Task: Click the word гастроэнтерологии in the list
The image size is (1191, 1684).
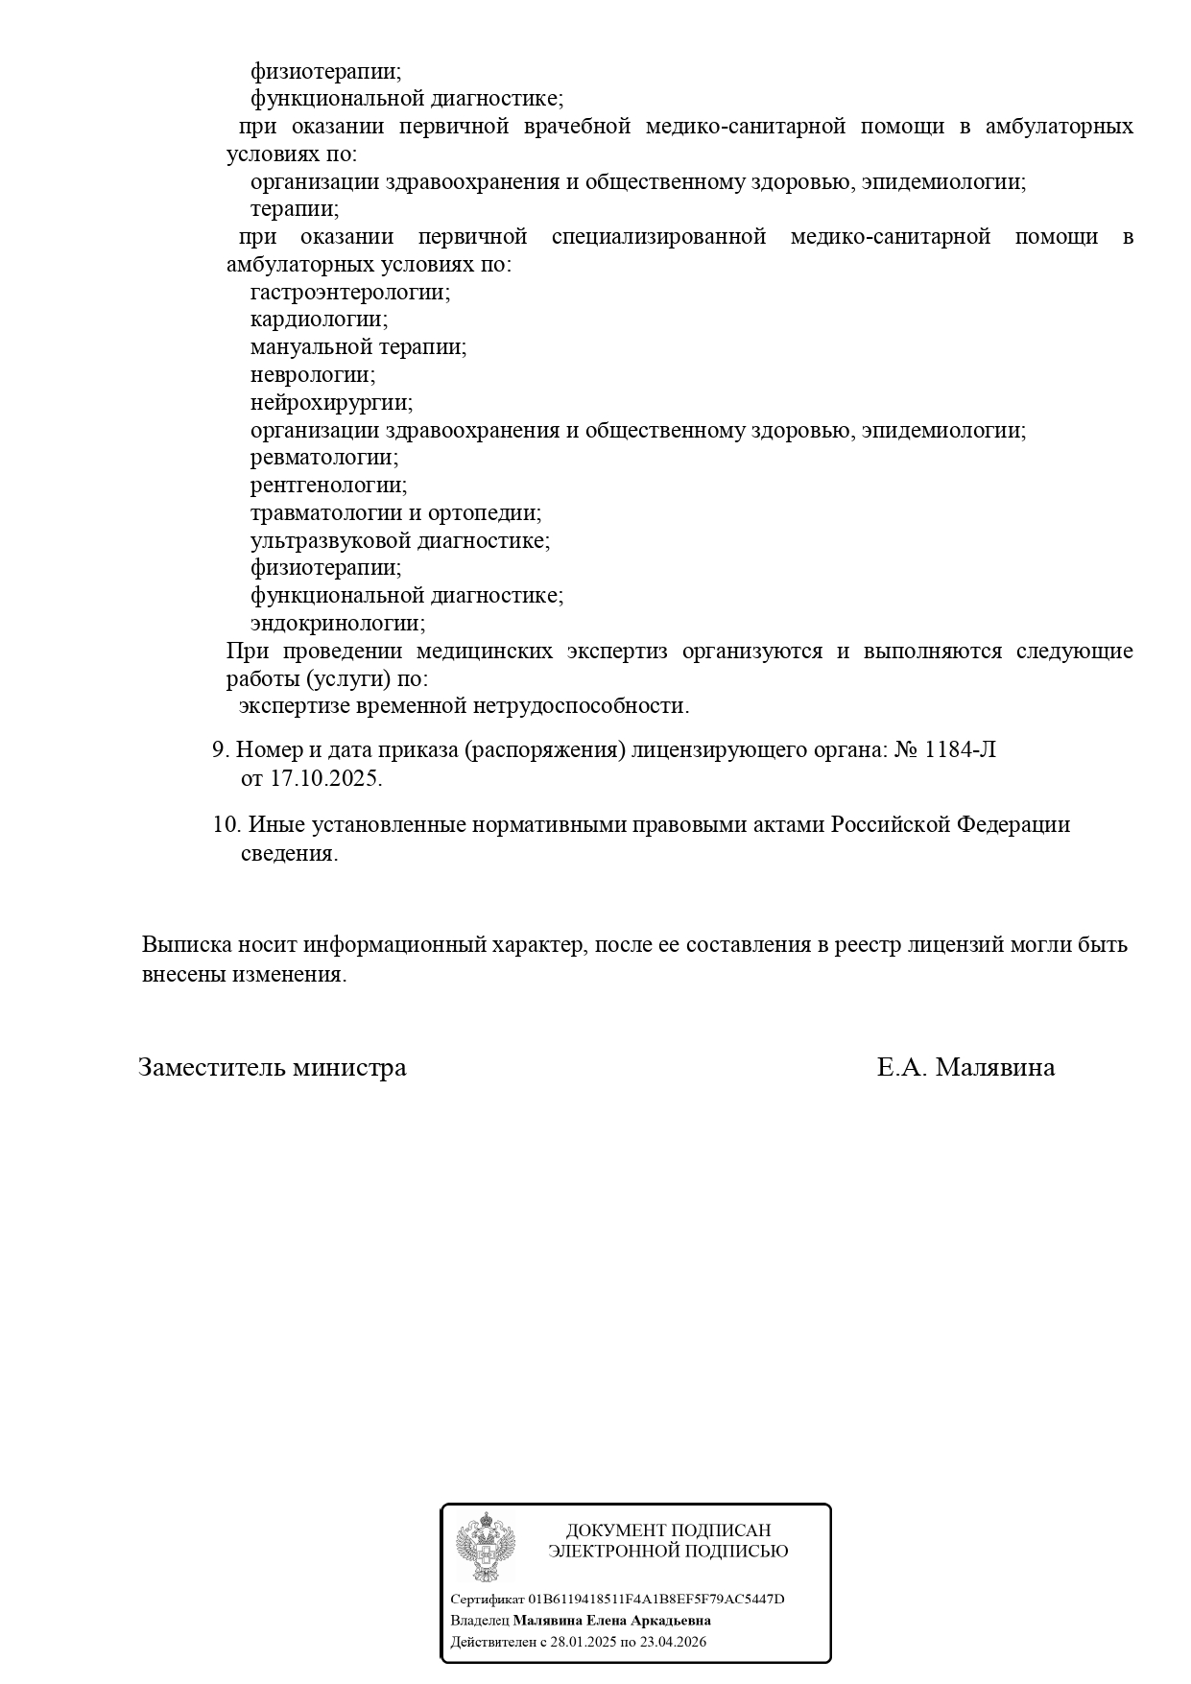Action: point(349,293)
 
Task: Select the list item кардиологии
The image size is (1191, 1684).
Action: point(319,320)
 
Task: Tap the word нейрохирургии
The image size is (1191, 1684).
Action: point(331,403)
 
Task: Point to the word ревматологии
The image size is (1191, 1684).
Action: point(324,458)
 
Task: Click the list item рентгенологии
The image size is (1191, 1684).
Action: point(328,486)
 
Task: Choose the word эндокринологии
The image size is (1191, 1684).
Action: point(337,624)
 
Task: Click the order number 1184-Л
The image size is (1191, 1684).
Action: point(960,750)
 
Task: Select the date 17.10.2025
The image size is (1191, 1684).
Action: point(325,779)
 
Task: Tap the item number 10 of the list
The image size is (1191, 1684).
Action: point(226,825)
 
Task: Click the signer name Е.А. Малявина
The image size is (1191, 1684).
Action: point(965,1068)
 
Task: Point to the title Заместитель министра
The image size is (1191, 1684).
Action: point(272,1068)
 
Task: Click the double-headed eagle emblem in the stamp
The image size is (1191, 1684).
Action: point(486,1548)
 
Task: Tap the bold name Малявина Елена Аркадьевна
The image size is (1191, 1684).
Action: point(611,1621)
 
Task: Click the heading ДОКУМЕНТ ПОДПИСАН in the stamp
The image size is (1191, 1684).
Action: point(668,1530)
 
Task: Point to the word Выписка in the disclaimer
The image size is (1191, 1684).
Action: point(184,944)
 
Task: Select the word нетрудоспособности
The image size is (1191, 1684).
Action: point(580,707)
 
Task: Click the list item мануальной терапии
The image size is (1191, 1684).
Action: point(358,347)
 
